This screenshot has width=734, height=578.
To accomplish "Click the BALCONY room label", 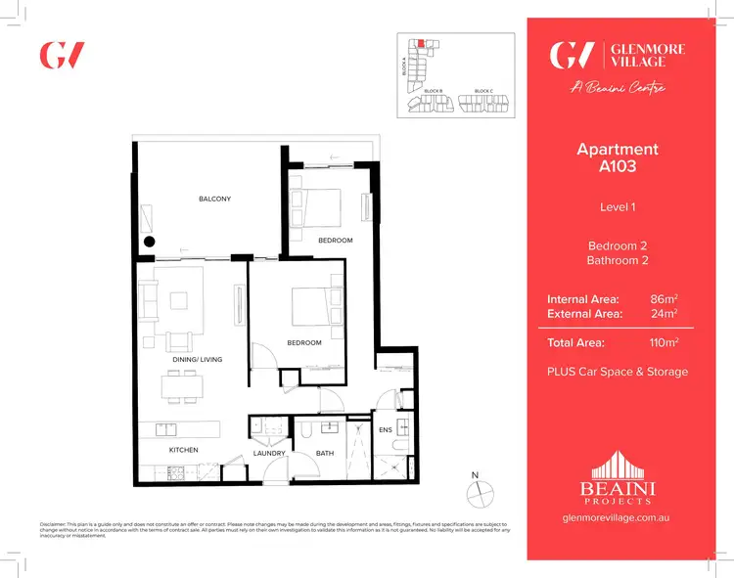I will click(x=214, y=200).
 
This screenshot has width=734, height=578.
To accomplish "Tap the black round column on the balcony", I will click(x=150, y=242).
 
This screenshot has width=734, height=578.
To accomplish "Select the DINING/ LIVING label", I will click(x=198, y=360).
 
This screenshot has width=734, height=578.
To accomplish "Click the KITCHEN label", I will click(x=183, y=450).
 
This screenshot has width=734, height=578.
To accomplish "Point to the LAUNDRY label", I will click(x=269, y=453).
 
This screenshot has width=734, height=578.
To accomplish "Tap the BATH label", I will click(x=325, y=453).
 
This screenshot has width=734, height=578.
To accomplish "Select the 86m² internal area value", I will click(x=665, y=297).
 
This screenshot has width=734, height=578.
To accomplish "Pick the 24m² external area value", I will click(x=665, y=313).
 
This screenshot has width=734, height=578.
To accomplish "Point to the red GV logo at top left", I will click(x=61, y=55).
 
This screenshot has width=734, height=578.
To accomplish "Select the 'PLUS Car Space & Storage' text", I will click(x=618, y=372).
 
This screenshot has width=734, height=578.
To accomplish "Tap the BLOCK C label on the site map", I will click(x=482, y=91).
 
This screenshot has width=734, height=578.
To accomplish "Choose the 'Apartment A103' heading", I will click(x=618, y=157).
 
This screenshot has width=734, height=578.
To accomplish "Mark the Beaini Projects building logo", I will click(x=617, y=474).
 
